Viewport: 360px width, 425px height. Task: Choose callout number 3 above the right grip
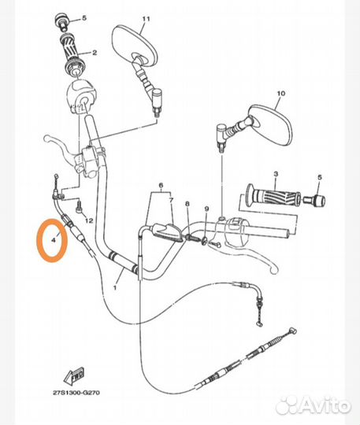275,173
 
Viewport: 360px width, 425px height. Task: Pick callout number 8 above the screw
187,204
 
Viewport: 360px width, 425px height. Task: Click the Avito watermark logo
316,405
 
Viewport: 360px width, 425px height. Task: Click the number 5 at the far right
320,178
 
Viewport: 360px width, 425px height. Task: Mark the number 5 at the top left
86,17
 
